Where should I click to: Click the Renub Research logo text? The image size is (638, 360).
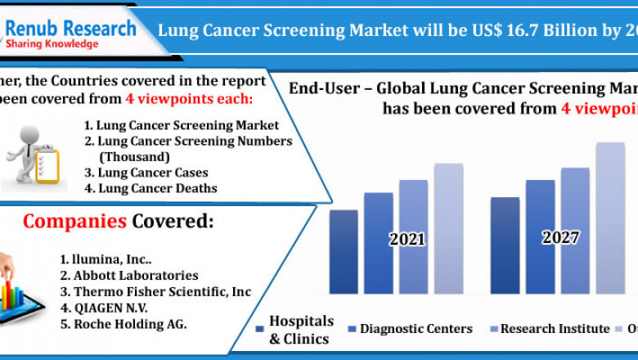coord(71,29)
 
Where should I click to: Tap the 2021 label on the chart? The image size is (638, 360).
coord(407,240)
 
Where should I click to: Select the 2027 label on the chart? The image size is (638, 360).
coord(560,238)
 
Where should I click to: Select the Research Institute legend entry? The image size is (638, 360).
coord(554,329)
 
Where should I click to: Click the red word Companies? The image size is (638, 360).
coord(74,222)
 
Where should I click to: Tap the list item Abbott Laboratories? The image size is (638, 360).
coord(128,276)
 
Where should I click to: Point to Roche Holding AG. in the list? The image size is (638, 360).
coord(123,324)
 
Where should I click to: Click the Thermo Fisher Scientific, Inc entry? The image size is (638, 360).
coord(155,292)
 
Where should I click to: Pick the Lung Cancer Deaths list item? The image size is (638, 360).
coord(151,188)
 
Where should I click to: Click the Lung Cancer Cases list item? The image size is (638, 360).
coord(146,173)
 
